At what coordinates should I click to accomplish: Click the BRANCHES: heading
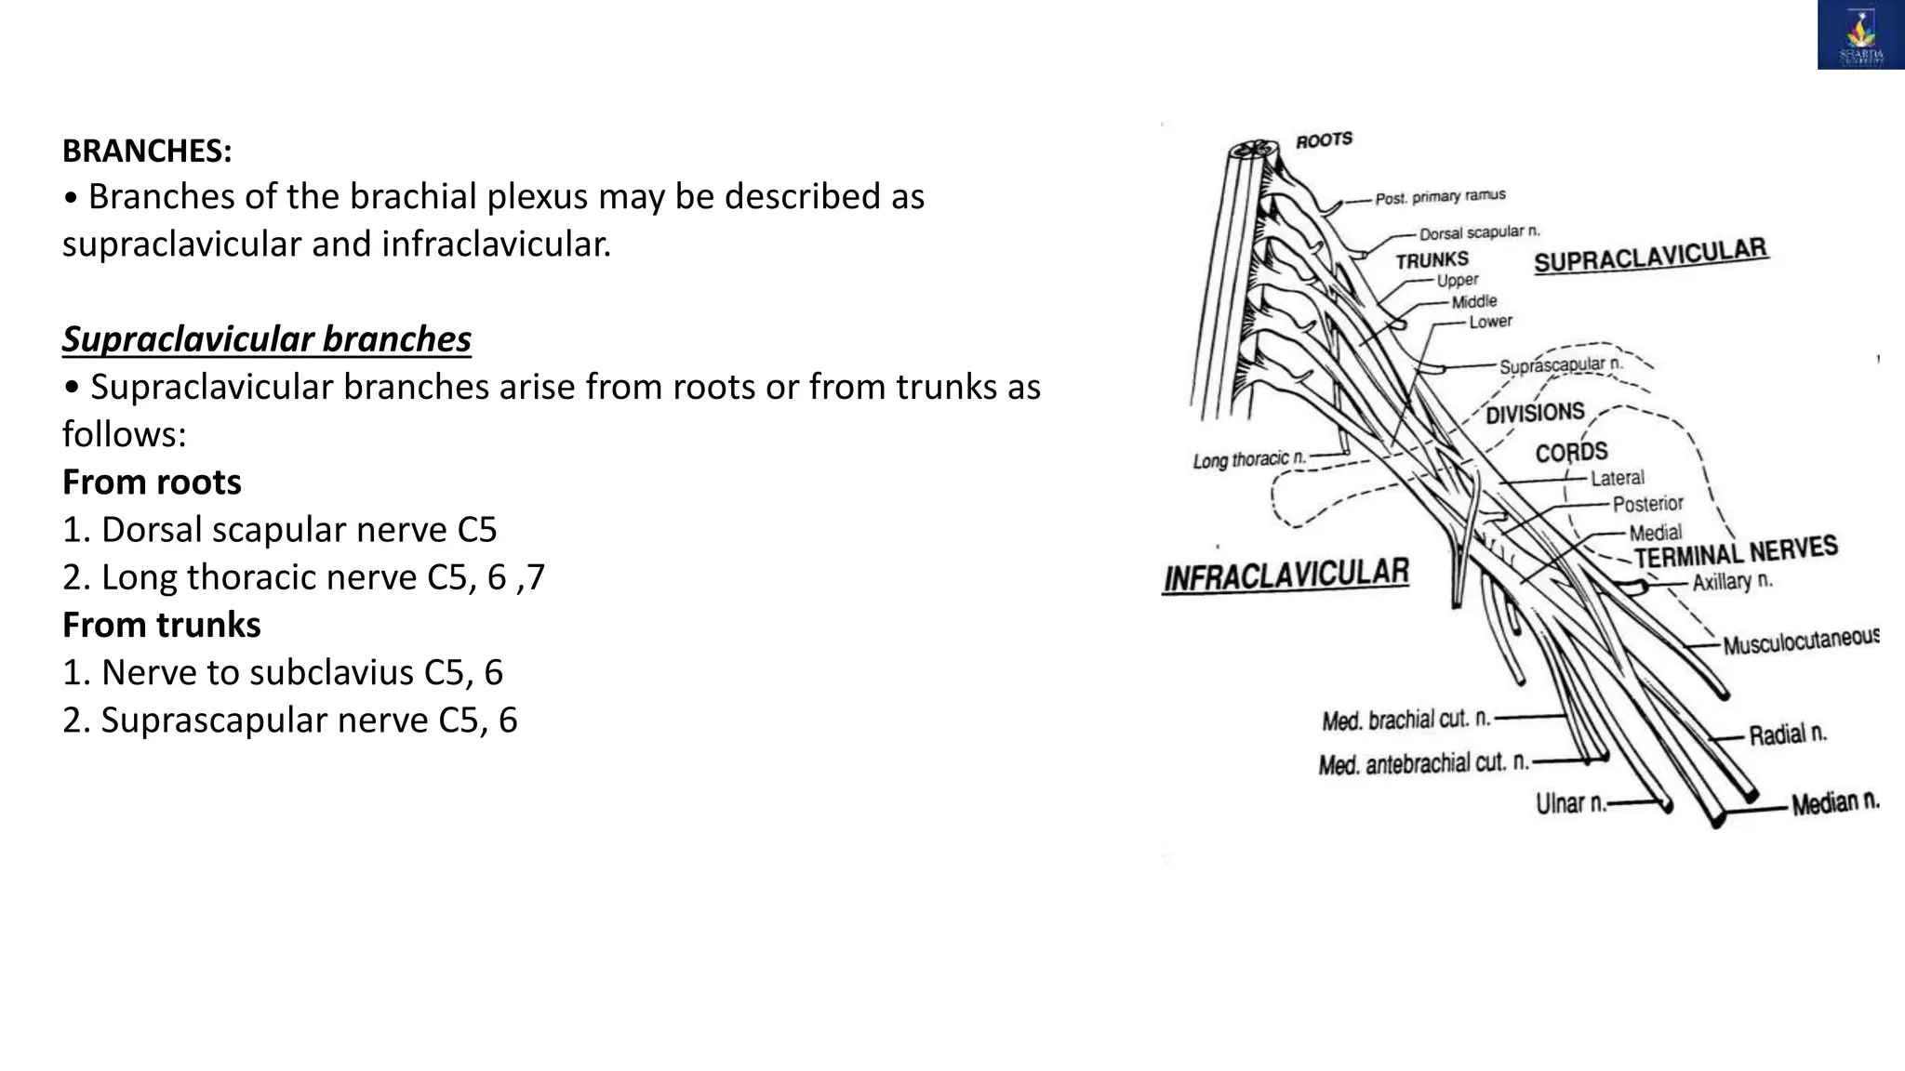pyautogui.click(x=147, y=151)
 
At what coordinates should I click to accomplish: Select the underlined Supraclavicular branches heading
pyautogui.click(x=267, y=339)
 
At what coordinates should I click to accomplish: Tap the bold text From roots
pyautogui.click(x=152, y=482)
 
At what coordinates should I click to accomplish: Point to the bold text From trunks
pyautogui.click(x=161, y=625)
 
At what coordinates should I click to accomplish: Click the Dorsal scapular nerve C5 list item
pyautogui.click(x=280, y=530)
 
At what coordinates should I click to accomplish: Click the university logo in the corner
pyautogui.click(x=1860, y=35)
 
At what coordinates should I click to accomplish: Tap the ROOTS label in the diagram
pyautogui.click(x=1324, y=140)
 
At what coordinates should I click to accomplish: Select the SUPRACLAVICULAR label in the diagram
pyautogui.click(x=1650, y=255)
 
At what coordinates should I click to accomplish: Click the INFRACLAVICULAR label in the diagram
pyautogui.click(x=1286, y=575)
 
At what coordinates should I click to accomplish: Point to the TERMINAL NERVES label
pyautogui.click(x=1736, y=551)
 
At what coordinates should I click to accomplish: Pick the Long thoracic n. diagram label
pyautogui.click(x=1249, y=459)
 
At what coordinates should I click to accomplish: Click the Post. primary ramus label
pyautogui.click(x=1440, y=197)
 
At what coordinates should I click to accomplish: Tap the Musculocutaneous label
pyautogui.click(x=1801, y=641)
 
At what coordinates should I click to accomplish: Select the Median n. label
pyautogui.click(x=1835, y=802)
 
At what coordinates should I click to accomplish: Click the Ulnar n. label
pyautogui.click(x=1571, y=802)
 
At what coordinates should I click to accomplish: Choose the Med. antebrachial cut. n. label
pyautogui.click(x=1423, y=764)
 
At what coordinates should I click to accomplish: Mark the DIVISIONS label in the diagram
pyautogui.click(x=1535, y=413)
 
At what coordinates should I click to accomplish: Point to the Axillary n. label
pyautogui.click(x=1732, y=582)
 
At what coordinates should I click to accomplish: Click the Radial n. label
pyautogui.click(x=1788, y=734)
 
